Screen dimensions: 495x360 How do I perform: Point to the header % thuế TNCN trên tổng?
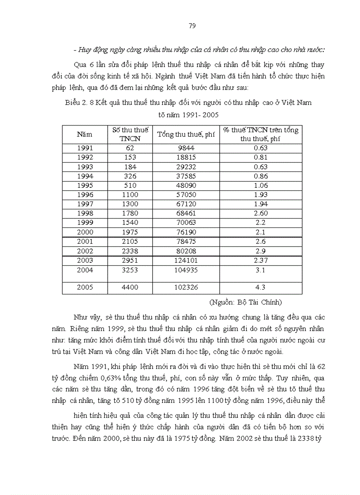[x=260, y=130]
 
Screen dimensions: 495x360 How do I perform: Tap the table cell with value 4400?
[x=129, y=287]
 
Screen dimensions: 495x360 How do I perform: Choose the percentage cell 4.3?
[x=260, y=287]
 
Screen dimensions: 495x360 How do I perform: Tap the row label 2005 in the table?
[x=85, y=287]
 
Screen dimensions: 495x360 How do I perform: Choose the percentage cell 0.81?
[x=260, y=157]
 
